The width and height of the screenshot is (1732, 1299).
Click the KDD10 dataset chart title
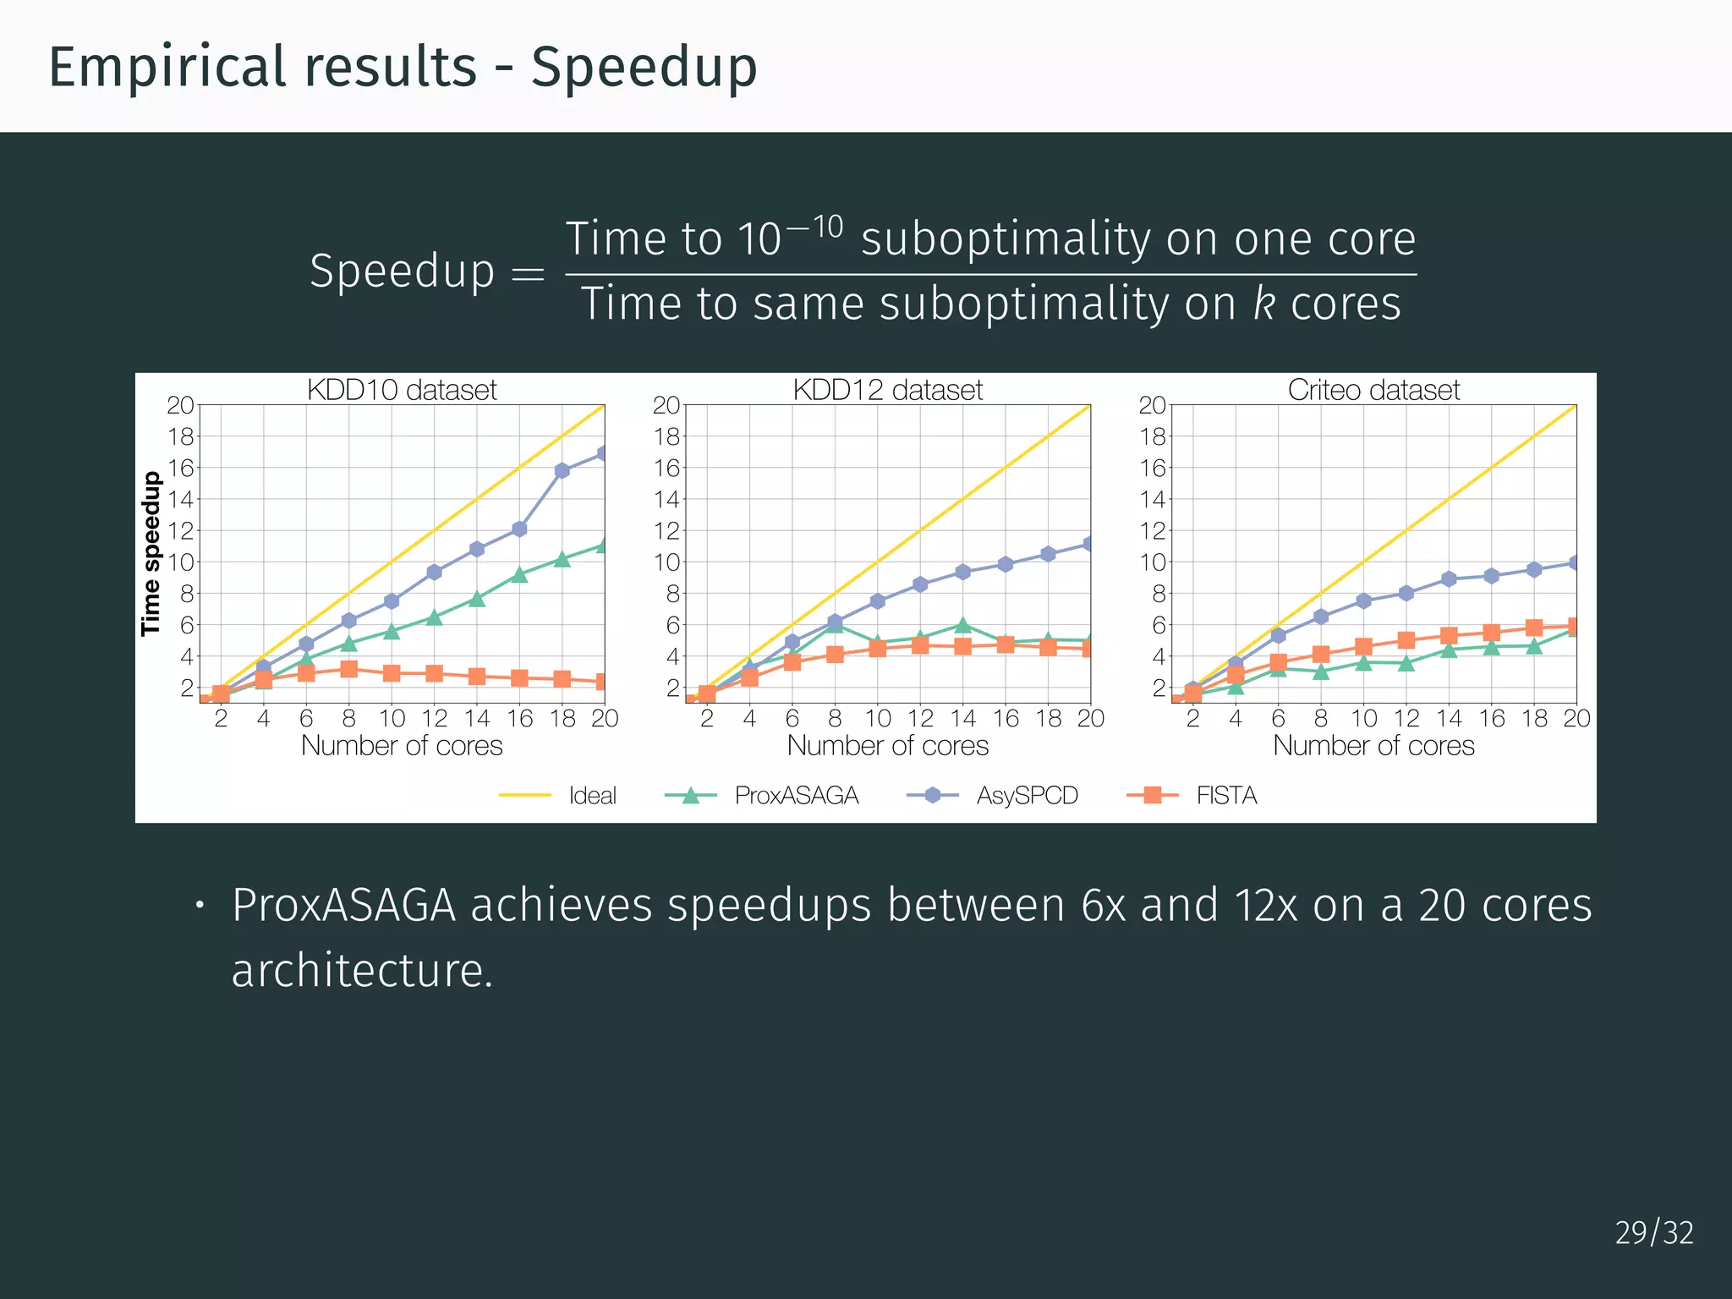(402, 390)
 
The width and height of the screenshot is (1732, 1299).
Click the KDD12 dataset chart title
(887, 390)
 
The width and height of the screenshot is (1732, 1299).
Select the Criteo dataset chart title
(1373, 390)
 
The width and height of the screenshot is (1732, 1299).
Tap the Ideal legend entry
(592, 795)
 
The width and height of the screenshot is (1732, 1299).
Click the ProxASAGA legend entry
(796, 795)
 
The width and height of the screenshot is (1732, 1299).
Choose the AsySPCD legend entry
(1027, 795)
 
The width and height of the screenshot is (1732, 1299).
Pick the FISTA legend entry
(1226, 795)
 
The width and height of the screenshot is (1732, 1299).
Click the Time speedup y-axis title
(151, 553)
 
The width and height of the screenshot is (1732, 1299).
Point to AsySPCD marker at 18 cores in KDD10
(562, 471)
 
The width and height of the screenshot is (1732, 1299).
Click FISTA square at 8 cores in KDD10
(348, 669)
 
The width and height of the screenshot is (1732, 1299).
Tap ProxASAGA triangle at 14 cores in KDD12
(962, 626)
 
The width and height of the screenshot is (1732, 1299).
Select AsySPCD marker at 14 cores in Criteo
(1449, 579)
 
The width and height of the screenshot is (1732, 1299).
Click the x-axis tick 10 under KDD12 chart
(878, 718)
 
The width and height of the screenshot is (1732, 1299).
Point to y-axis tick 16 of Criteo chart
(1152, 468)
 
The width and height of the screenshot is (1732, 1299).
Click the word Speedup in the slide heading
(644, 67)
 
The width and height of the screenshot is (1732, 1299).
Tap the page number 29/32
(1653, 1232)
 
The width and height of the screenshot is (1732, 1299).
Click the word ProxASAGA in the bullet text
(343, 905)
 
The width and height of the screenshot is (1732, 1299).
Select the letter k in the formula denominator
(1263, 303)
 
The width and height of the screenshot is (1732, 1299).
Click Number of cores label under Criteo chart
(1373, 745)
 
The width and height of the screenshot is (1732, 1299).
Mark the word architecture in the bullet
(361, 970)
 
